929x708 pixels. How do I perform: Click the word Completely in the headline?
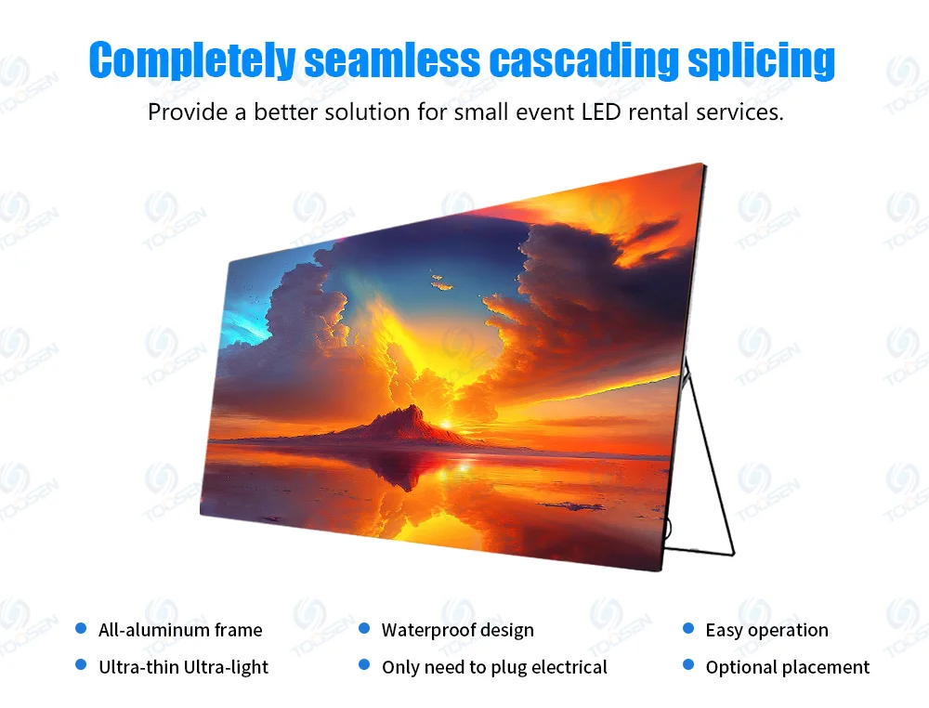click(x=192, y=59)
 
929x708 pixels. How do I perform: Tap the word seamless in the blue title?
click(x=392, y=59)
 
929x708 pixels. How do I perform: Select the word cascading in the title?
click(x=583, y=59)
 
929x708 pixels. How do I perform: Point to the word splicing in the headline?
click(x=762, y=59)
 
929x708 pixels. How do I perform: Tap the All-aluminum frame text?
click(x=180, y=630)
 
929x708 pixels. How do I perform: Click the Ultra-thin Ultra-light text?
click(x=183, y=667)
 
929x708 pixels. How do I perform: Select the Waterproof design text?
click(x=457, y=630)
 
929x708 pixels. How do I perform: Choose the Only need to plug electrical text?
click(x=494, y=668)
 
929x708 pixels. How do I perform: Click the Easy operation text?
click(x=766, y=630)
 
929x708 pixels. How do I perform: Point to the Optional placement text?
click(x=788, y=668)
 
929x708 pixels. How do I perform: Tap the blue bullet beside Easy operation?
click(x=687, y=628)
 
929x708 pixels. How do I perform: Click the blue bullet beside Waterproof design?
click(x=364, y=628)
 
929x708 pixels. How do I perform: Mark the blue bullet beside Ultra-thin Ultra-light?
click(x=81, y=664)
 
